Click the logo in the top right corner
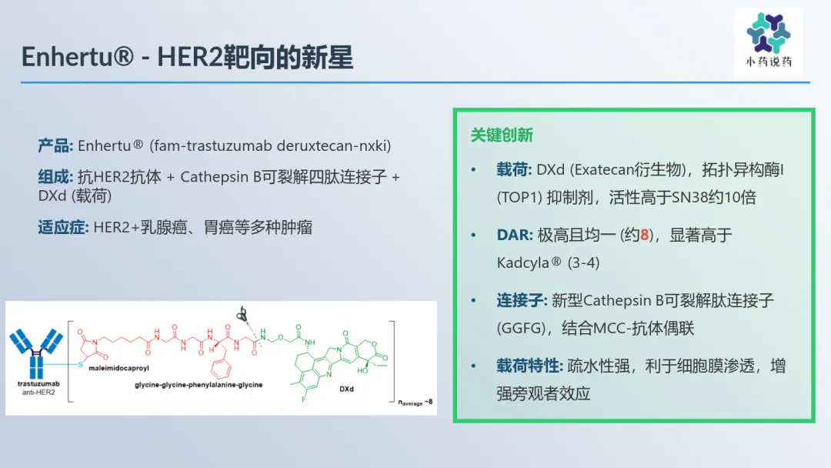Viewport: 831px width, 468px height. tap(769, 42)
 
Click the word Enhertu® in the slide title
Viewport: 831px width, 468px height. tap(78, 57)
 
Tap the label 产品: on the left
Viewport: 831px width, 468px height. tap(55, 145)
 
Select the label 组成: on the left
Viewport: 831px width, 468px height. tap(55, 176)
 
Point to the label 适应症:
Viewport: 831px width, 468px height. tap(64, 227)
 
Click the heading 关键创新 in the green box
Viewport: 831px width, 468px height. tap(502, 135)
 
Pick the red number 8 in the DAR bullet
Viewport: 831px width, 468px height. tap(645, 235)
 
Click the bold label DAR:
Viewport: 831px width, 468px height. tap(515, 235)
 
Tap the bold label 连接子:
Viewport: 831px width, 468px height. tap(522, 300)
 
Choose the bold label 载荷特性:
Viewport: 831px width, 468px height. tap(529, 366)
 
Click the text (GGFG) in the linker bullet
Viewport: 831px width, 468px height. tap(520, 328)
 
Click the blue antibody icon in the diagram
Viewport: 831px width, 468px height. tap(36, 353)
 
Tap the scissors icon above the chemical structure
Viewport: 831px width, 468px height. tap(242, 314)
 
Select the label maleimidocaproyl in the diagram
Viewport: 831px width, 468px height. tap(118, 368)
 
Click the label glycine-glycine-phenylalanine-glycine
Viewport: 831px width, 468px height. tap(199, 385)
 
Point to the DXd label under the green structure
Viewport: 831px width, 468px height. tap(346, 389)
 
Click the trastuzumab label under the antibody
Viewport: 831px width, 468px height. tap(38, 383)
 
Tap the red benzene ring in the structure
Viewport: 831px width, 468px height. tap(221, 369)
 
